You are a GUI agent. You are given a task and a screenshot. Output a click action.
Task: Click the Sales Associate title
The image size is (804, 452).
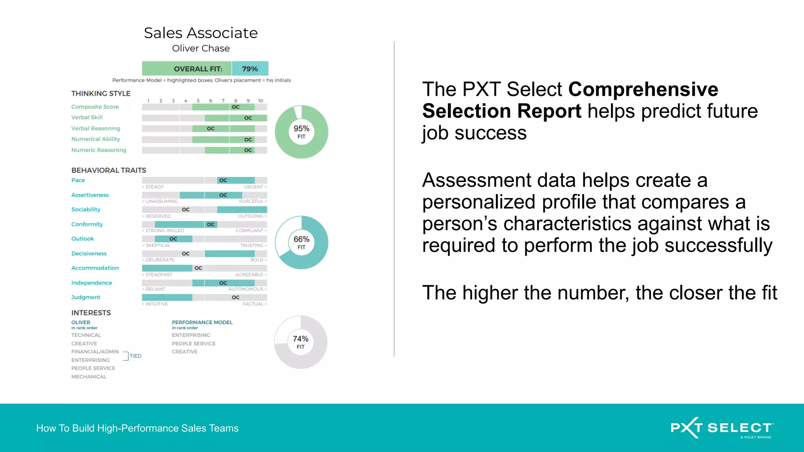[201, 33]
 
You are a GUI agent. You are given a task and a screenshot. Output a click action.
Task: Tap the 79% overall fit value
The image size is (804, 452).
[250, 69]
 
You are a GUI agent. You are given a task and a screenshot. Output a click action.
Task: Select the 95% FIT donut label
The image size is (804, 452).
[301, 132]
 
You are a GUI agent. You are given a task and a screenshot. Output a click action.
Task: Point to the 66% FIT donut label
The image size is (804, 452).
[301, 242]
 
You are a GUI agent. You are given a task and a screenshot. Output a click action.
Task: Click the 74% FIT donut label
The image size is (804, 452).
[301, 342]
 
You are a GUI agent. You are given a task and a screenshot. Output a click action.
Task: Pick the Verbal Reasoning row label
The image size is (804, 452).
[96, 128]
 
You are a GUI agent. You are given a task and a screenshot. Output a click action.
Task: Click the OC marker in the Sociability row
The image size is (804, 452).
[186, 210]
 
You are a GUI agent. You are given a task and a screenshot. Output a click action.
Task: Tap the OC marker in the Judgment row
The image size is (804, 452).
[236, 297]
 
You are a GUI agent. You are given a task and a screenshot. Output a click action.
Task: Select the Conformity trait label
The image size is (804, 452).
[87, 224]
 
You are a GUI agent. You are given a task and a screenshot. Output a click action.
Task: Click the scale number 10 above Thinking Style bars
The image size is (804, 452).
[260, 101]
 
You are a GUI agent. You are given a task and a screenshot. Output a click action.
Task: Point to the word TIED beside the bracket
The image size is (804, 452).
[135, 356]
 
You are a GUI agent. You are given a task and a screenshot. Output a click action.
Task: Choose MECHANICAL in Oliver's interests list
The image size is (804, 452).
[89, 377]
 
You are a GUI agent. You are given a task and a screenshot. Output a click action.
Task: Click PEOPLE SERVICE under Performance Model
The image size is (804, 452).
[194, 343]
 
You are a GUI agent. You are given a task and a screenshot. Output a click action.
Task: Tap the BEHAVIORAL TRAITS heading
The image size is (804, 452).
[109, 170]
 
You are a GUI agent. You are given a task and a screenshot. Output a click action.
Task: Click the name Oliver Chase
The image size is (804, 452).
[201, 48]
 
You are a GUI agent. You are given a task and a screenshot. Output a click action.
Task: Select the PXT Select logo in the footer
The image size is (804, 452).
[722, 428]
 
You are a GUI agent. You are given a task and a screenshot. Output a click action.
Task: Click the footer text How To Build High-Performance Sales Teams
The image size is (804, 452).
[137, 428]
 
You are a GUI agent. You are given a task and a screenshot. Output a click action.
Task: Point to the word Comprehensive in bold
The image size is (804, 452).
[643, 89]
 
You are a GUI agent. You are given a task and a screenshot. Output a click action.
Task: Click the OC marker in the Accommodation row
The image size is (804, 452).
[198, 268]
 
